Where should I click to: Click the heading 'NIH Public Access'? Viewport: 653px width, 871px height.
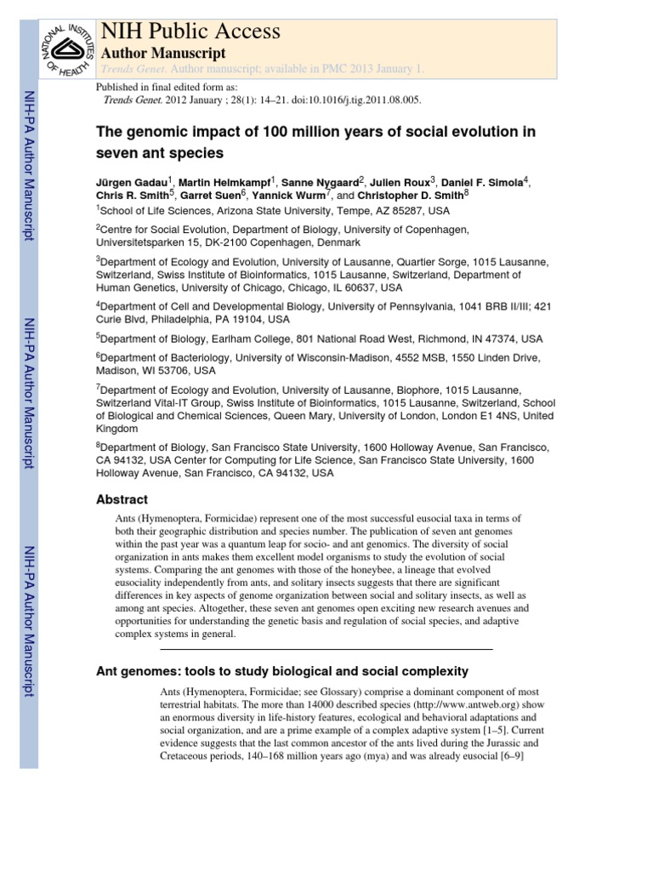pyautogui.click(x=190, y=31)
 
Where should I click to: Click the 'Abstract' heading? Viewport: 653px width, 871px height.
pyautogui.click(x=122, y=499)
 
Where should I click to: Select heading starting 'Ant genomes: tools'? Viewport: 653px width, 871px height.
pyautogui.click(x=282, y=671)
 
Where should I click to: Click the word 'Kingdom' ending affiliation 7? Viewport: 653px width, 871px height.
pyautogui.click(x=118, y=428)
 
